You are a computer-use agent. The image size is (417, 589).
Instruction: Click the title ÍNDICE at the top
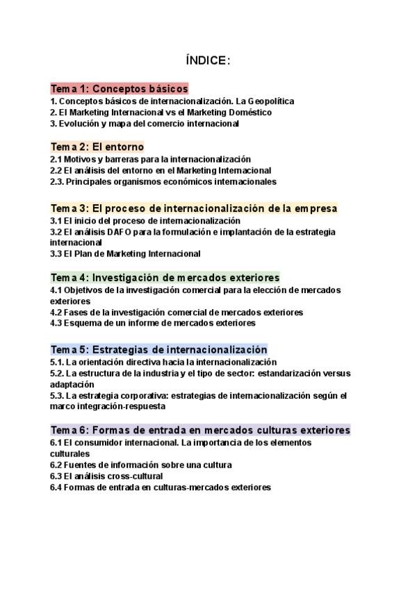click(208, 61)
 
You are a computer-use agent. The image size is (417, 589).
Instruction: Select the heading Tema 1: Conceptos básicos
click(119, 89)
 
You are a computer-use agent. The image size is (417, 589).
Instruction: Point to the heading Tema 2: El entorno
click(97, 147)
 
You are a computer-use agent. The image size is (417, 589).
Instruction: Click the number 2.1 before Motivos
click(56, 159)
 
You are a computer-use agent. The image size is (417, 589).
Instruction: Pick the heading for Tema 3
click(194, 208)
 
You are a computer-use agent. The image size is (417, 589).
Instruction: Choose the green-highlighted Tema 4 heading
click(165, 277)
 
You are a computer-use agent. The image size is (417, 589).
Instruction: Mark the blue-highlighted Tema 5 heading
click(158, 349)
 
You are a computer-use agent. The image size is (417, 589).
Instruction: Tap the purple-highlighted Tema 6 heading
click(200, 430)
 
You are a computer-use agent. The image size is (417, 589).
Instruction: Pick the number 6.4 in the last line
click(56, 487)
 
